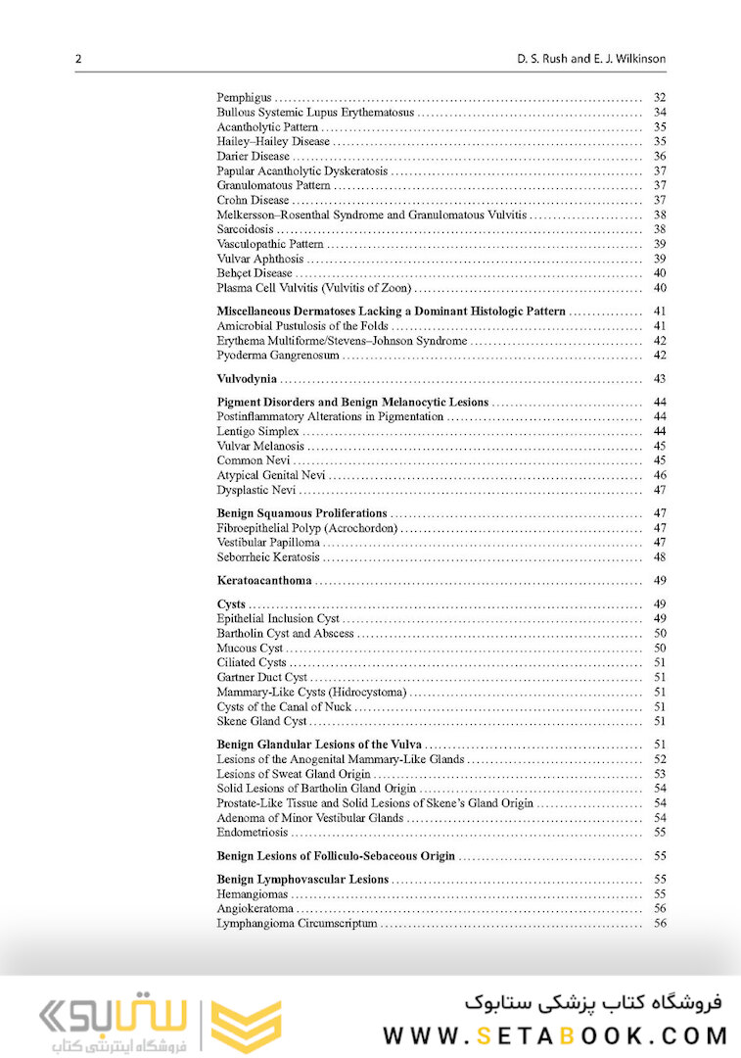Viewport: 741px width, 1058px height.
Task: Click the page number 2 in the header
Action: click(x=78, y=59)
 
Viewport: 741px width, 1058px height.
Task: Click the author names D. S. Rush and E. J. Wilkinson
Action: click(x=592, y=59)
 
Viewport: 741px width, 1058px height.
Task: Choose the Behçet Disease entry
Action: click(x=255, y=273)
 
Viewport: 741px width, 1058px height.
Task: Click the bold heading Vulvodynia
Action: click(x=247, y=379)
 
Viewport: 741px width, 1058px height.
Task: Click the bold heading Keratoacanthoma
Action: click(x=264, y=581)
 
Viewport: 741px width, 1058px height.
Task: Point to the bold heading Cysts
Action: click(x=231, y=604)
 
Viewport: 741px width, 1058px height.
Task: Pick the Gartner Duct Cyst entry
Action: click(x=262, y=677)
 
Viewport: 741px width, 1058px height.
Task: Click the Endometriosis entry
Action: click(x=253, y=832)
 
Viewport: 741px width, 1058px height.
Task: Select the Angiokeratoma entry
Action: click(x=254, y=908)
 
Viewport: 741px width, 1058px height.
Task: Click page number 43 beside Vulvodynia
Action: click(x=660, y=379)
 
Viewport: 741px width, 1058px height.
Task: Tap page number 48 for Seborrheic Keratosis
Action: click(x=660, y=557)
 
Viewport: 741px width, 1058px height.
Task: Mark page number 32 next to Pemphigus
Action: click(x=660, y=97)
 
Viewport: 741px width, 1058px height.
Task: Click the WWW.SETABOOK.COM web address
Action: click(x=555, y=1034)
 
